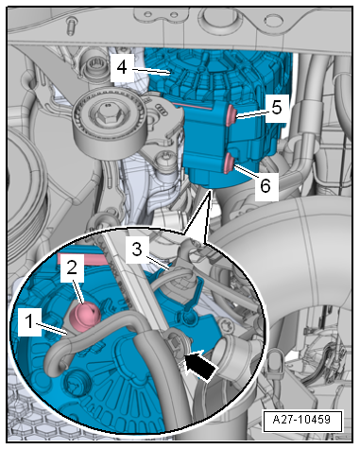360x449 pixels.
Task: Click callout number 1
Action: click(x=29, y=322)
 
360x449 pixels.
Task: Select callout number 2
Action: click(x=73, y=268)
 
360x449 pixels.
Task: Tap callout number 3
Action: click(x=137, y=250)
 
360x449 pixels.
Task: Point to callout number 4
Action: click(x=122, y=68)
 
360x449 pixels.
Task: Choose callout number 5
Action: click(x=276, y=108)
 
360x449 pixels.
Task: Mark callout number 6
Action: click(x=266, y=185)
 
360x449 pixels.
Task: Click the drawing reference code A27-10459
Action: click(x=301, y=420)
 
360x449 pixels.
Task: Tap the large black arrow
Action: click(x=200, y=367)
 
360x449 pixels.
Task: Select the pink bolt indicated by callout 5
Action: click(x=231, y=115)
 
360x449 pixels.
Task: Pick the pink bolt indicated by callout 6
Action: click(x=229, y=164)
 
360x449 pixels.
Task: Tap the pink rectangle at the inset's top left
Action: click(x=80, y=258)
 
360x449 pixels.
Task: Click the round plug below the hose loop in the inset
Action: click(x=75, y=382)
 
